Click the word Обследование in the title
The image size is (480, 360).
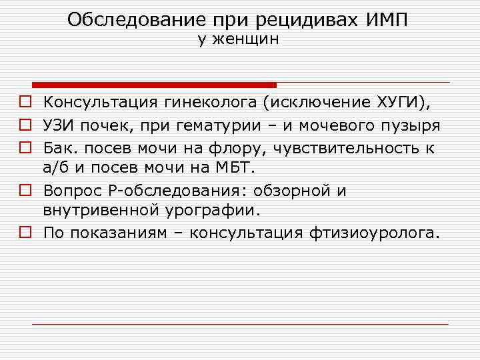pyautogui.click(x=127, y=19)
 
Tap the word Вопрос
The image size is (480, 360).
pyautogui.click(x=70, y=190)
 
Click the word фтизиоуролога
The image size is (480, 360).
pyautogui.click(x=375, y=233)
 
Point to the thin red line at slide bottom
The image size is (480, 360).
pyautogui.click(x=240, y=324)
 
